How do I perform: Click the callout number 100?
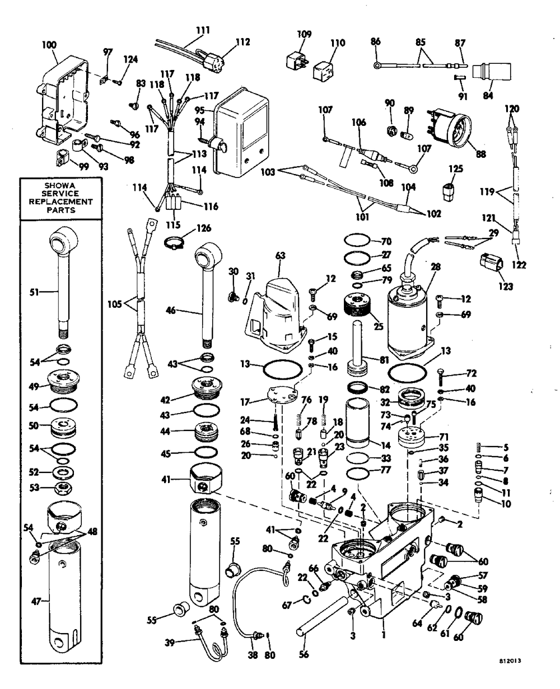pyautogui.click(x=49, y=45)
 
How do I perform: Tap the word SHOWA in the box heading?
pyautogui.click(x=60, y=186)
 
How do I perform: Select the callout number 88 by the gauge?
pyautogui.click(x=481, y=154)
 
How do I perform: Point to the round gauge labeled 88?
pyautogui.click(x=450, y=128)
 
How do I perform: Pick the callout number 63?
pyautogui.click(x=281, y=256)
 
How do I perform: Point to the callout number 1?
pyautogui.click(x=384, y=635)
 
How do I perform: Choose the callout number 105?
pyautogui.click(x=115, y=304)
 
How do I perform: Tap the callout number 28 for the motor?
pyautogui.click(x=436, y=267)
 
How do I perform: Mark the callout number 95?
pyautogui.click(x=199, y=110)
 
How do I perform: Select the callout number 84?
pyautogui.click(x=488, y=95)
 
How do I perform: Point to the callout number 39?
pyautogui.click(x=170, y=643)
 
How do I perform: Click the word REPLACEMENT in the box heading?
pyautogui.click(x=61, y=201)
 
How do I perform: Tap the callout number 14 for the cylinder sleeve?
pyautogui.click(x=386, y=446)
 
